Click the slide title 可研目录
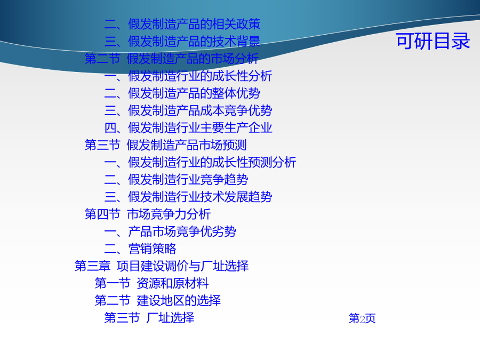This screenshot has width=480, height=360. pos(433,41)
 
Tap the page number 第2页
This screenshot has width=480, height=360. pos(362,318)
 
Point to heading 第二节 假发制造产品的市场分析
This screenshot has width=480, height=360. pos(172,59)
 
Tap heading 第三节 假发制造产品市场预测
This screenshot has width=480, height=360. pos(166,145)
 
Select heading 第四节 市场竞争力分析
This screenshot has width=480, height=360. pos(148,214)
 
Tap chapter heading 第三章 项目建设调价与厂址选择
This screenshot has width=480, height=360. pos(162,266)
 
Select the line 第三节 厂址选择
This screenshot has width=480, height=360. pos(149,318)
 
